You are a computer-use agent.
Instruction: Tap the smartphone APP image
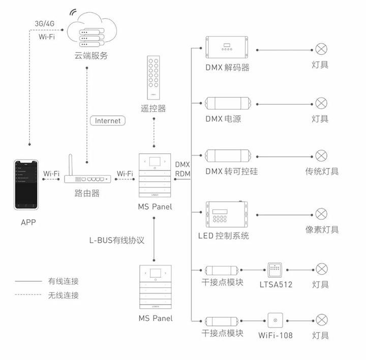(27, 185)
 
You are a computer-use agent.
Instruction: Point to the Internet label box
(108, 121)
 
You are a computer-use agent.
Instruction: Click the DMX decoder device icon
(227, 49)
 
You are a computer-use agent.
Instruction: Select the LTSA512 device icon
(275, 270)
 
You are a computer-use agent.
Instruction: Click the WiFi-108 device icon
(275, 320)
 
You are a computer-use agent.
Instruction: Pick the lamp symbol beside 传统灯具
(321, 155)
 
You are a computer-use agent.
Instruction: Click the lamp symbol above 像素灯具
(321, 214)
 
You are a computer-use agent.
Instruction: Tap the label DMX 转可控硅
(231, 171)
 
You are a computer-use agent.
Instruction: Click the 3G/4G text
(44, 24)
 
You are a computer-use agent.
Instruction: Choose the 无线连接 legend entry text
(64, 295)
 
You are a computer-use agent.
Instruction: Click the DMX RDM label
(182, 170)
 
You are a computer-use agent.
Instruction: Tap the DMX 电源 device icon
(227, 104)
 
